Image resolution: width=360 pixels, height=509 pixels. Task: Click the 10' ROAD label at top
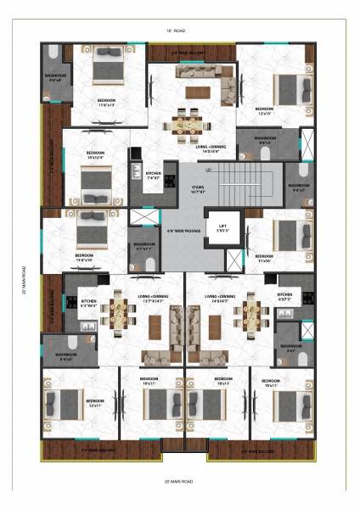coord(179,31)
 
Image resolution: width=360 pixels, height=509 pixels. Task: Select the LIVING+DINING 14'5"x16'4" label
coord(212,150)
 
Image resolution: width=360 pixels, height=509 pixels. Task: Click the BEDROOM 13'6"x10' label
coord(85,257)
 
